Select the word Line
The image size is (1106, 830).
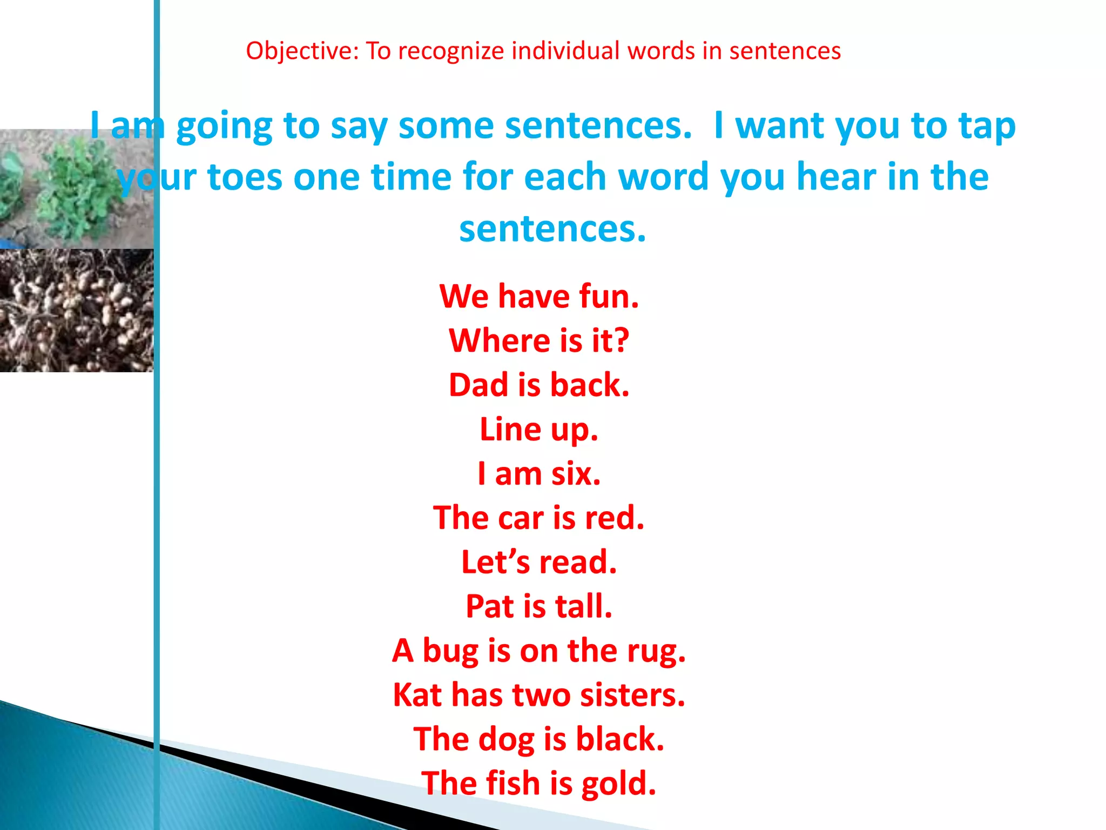[510, 430]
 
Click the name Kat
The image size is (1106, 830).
[417, 695]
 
